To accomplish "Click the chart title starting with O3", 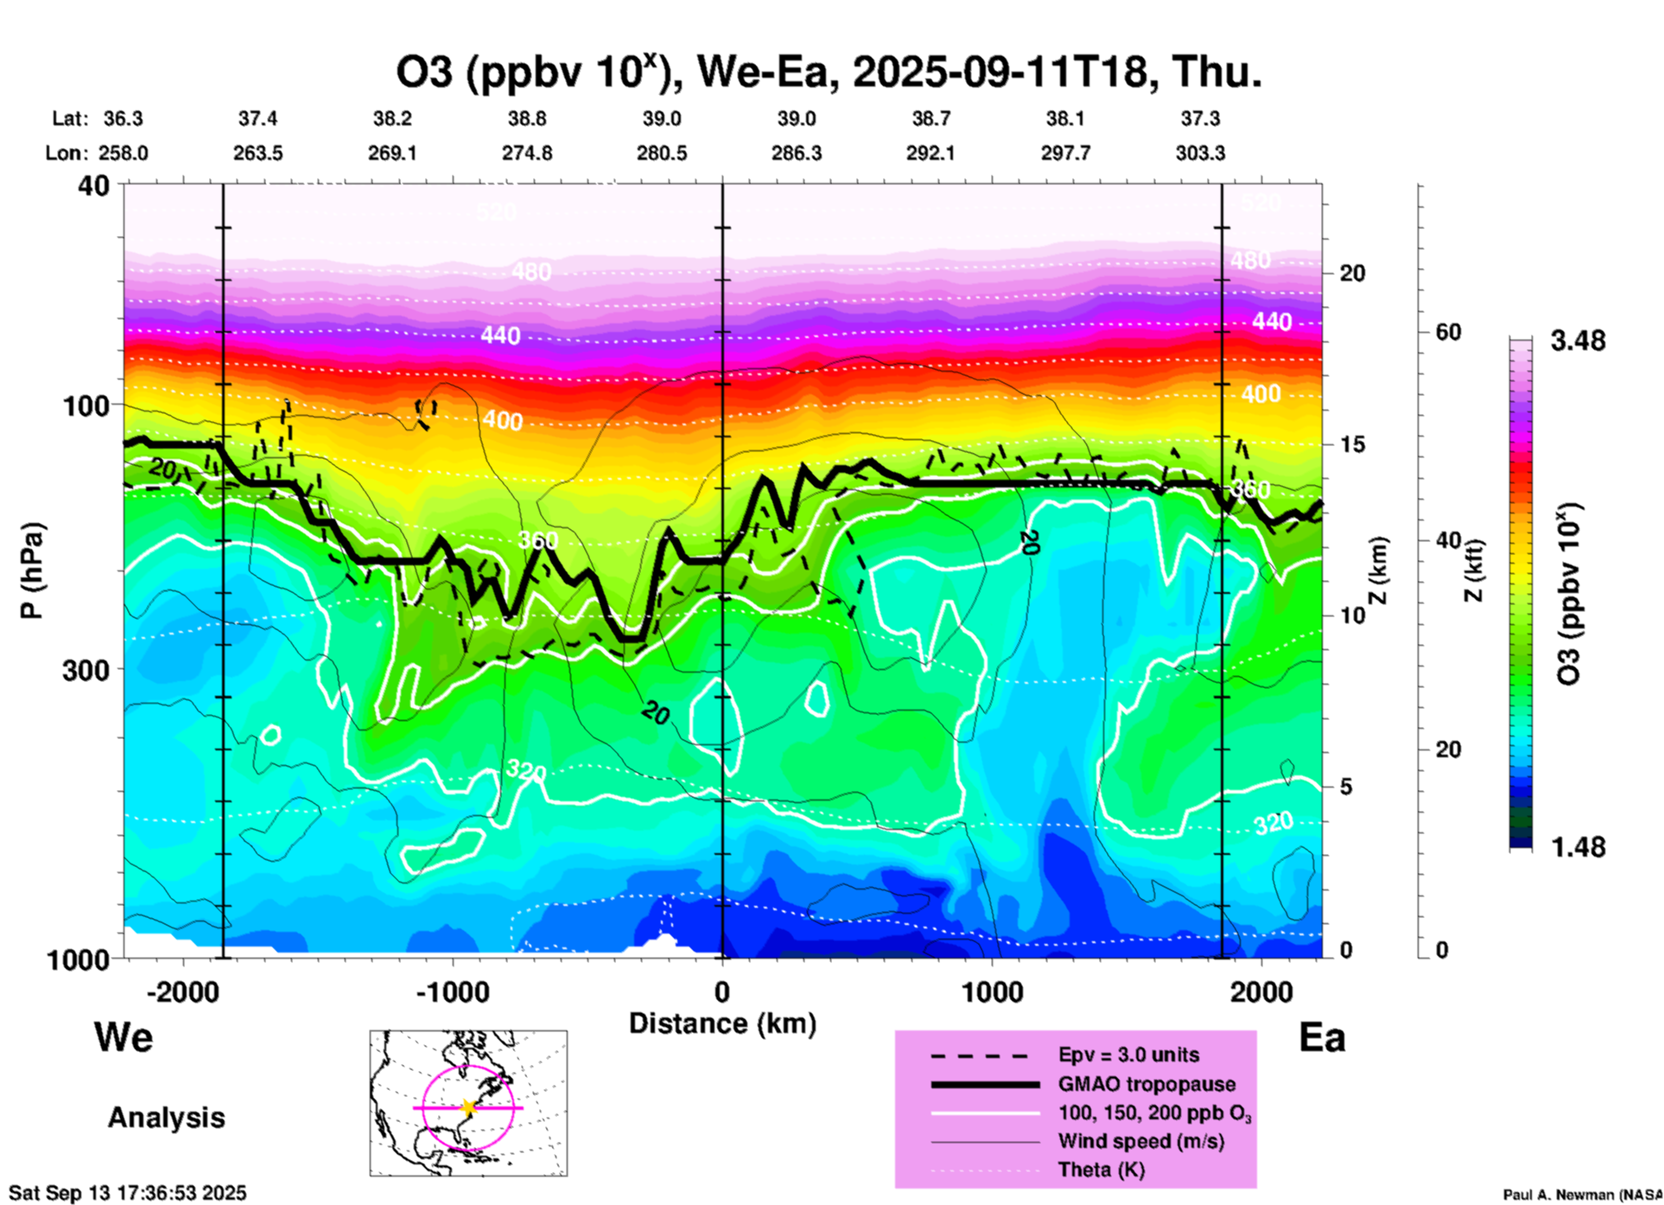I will point(828,72).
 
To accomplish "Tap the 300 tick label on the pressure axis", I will point(86,670).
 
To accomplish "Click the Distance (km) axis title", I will point(722,1023).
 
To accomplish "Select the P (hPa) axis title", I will point(33,571).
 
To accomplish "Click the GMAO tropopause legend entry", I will point(1146,1084).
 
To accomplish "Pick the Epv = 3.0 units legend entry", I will point(1128,1055).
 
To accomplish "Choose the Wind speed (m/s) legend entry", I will point(1140,1141).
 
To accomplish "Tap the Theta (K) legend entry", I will point(1101,1170).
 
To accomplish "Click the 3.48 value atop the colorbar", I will point(1578,341).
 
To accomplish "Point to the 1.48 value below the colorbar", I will point(1578,847).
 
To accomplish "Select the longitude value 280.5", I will point(662,153).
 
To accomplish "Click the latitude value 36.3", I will point(123,118).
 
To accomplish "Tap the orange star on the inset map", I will point(468,1107).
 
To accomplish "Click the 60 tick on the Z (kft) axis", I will point(1448,332).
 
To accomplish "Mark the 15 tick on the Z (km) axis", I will point(1352,444).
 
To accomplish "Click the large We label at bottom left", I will point(124,1036).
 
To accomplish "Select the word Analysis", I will point(166,1118).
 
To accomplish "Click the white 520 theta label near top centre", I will point(496,212).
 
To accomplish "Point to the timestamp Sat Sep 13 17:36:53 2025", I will point(128,1193).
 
